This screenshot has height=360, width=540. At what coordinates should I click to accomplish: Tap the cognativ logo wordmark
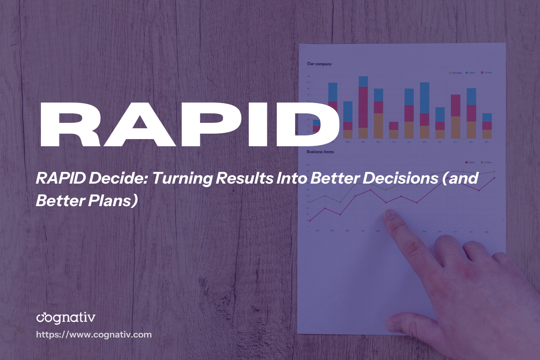pos(66,318)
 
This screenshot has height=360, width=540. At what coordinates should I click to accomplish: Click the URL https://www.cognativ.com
pos(94,335)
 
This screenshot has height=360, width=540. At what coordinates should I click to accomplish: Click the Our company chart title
pos(319,64)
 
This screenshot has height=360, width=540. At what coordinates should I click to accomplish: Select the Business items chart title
pos(320,152)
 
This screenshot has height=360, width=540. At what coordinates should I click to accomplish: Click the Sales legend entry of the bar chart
pos(471,72)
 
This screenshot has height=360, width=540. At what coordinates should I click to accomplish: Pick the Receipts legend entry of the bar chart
pos(455,72)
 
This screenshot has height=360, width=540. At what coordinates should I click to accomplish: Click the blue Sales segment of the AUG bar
pos(424,98)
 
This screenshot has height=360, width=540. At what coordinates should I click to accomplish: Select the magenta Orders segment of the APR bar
pos(363,107)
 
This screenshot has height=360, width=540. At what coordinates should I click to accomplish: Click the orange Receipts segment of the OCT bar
pos(455,127)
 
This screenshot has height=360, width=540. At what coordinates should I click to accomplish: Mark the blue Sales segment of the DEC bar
pos(487,117)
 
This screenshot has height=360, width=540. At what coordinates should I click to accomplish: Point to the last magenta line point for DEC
pos(495,178)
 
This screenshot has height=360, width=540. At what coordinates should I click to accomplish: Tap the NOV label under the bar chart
pos(471,142)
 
